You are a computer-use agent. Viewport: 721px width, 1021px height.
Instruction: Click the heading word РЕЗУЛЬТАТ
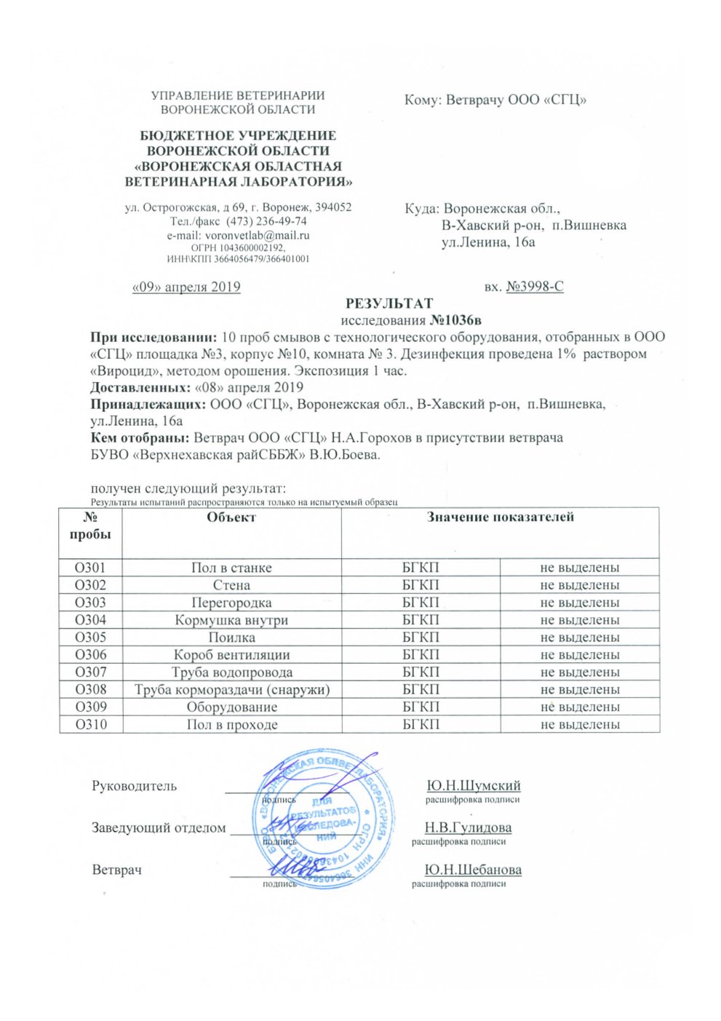(389, 303)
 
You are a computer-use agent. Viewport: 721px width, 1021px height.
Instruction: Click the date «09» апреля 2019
(186, 287)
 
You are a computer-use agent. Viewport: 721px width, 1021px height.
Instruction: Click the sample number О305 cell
(90, 637)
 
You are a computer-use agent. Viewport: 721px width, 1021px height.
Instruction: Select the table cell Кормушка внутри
(231, 620)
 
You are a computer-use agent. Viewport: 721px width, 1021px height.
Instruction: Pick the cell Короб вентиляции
(231, 655)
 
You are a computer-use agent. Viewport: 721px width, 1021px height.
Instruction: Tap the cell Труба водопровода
(231, 672)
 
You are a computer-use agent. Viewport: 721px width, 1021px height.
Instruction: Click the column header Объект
(231, 517)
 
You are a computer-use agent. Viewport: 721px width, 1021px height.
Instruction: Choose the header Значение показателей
(500, 517)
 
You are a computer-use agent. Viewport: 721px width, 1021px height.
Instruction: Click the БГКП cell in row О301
(421, 568)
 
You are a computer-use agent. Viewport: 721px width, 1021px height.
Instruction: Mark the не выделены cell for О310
(580, 725)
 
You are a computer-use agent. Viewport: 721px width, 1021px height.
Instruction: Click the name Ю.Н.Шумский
(474, 786)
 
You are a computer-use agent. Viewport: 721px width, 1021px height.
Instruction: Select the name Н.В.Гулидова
(468, 827)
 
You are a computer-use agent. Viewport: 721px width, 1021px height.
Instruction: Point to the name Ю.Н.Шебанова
(473, 870)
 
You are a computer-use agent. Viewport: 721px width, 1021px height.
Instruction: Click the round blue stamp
(327, 819)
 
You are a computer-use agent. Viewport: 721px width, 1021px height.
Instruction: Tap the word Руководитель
(134, 786)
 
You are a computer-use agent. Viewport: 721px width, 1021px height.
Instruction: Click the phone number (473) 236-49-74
(266, 221)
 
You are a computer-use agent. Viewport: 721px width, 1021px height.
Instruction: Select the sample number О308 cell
(90, 690)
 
